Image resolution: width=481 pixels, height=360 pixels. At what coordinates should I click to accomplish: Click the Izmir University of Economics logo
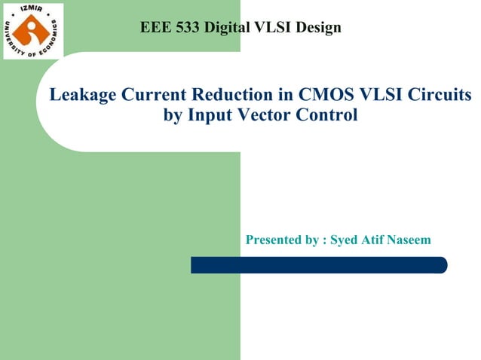[33, 31]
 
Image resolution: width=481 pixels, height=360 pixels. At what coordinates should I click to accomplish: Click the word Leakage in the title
[79, 96]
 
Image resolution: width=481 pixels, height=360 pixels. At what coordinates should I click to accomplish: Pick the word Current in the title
[148, 96]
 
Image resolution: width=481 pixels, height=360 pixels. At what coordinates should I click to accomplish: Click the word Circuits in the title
[440, 96]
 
